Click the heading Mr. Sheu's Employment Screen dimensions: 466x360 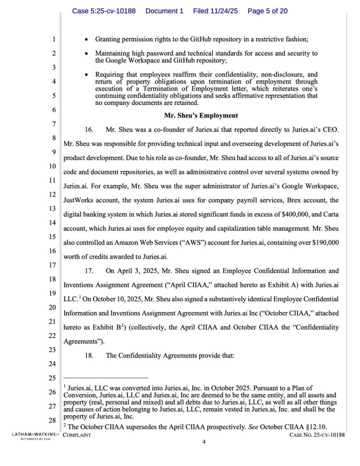tap(201, 116)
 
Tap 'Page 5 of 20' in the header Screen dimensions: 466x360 tap(267, 11)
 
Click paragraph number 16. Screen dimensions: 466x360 tap(89, 130)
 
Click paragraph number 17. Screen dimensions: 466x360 tap(89, 271)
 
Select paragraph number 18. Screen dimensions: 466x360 tap(89, 356)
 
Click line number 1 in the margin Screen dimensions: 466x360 tap(54, 39)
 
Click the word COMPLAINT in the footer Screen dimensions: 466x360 tap(77, 435)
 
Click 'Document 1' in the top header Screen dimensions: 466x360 tap(164, 11)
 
